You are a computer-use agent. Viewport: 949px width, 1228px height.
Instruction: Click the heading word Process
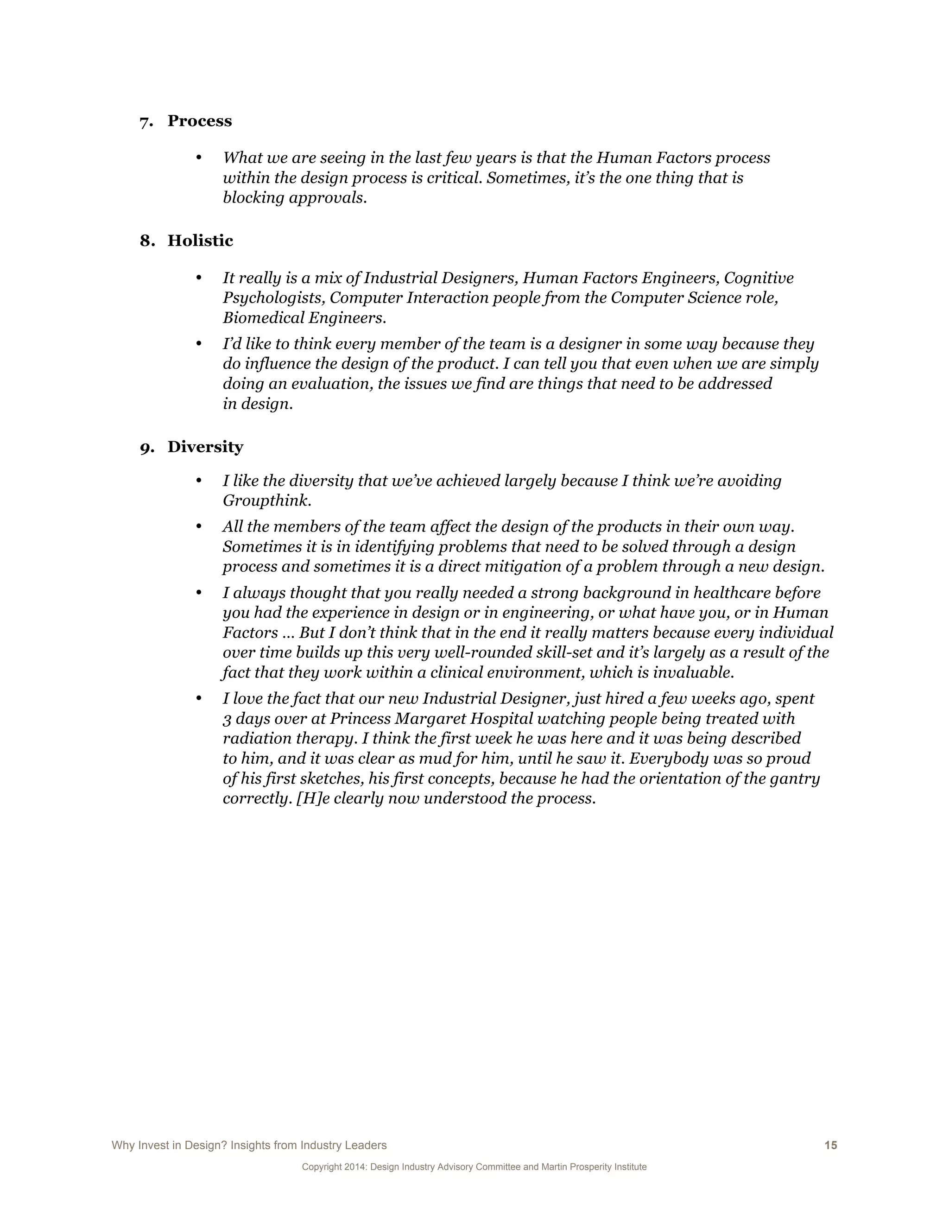(200, 121)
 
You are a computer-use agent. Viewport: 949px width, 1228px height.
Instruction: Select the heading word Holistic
(200, 241)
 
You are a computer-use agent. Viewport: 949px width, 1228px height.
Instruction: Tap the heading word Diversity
(205, 447)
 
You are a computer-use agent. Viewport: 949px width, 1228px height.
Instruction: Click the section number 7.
(146, 122)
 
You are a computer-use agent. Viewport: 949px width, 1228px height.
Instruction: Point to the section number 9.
(147, 448)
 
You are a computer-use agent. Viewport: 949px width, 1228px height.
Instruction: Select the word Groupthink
(266, 500)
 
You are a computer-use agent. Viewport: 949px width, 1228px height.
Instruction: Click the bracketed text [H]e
(313, 798)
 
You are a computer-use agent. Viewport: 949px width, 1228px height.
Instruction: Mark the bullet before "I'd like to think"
(198, 343)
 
